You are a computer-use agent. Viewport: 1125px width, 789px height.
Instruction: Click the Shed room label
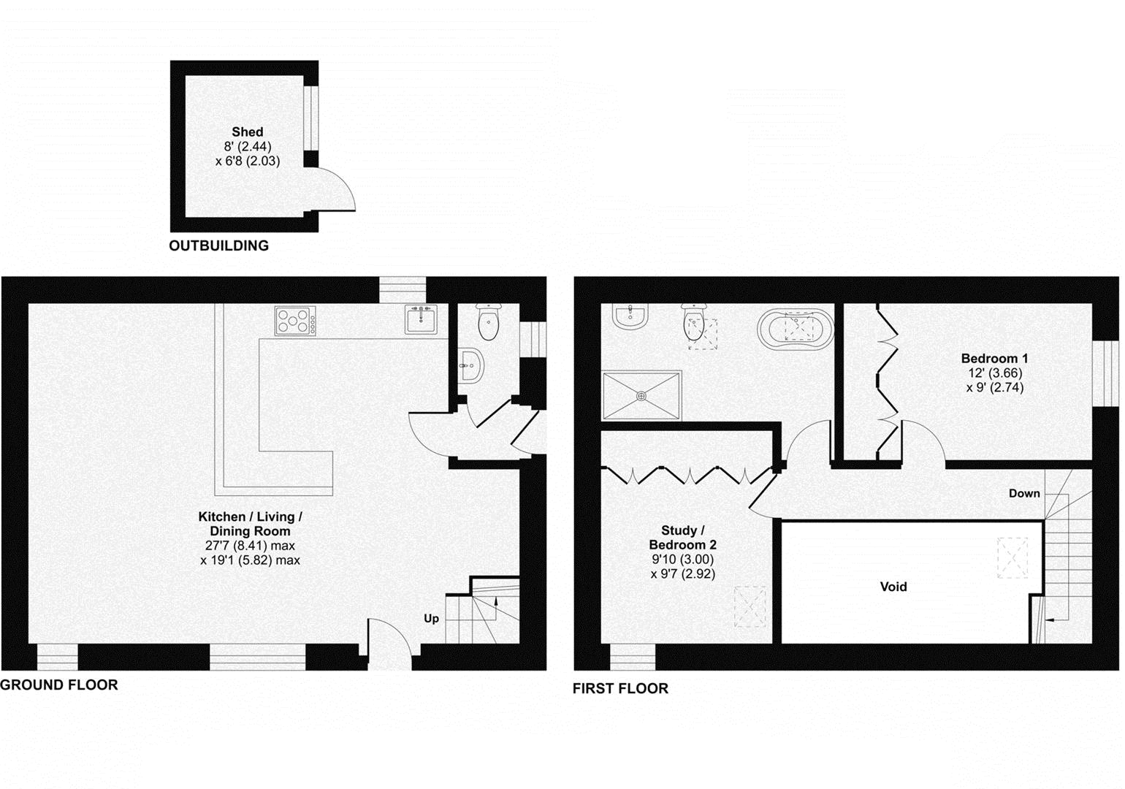point(247,132)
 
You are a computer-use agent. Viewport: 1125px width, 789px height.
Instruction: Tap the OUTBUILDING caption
point(218,246)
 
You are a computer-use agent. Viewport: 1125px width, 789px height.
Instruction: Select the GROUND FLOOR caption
point(59,685)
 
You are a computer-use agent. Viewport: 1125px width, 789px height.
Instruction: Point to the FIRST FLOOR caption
point(620,688)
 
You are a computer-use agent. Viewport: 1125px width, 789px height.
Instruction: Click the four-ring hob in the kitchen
point(295,320)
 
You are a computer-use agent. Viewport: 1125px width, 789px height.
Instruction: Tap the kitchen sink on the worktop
point(421,319)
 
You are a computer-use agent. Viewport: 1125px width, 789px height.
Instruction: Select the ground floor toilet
point(487,322)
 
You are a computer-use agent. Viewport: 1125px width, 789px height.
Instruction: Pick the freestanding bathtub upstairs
point(796,327)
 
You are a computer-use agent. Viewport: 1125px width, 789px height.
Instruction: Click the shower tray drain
point(641,396)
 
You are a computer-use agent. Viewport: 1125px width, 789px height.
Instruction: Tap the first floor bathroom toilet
point(693,323)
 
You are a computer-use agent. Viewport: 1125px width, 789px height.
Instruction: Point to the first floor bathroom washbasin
point(630,316)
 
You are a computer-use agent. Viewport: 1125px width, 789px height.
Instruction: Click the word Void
point(893,587)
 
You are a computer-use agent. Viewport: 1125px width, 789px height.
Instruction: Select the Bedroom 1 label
point(994,359)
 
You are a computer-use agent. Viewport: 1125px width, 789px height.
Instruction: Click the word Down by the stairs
point(1024,494)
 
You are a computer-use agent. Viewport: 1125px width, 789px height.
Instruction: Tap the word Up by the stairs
point(432,619)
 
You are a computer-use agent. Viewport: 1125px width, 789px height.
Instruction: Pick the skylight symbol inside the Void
point(1012,558)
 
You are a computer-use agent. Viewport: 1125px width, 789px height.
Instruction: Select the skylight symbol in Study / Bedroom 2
point(750,606)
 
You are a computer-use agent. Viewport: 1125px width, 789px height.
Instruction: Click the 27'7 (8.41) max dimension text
point(250,546)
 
